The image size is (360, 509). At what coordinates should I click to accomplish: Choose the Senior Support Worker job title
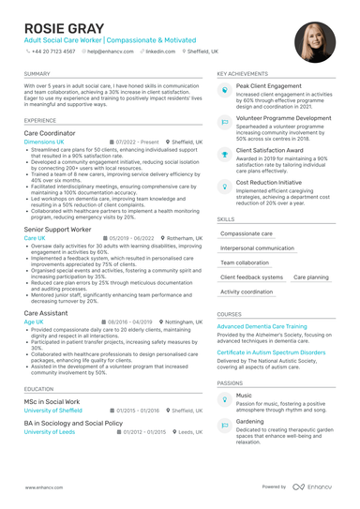(x=57, y=229)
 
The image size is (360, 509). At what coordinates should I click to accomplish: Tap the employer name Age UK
(x=34, y=238)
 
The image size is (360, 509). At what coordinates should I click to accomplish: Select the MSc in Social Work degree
(x=52, y=401)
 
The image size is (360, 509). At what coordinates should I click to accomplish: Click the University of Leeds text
(x=50, y=432)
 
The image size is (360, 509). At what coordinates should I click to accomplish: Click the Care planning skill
(x=310, y=277)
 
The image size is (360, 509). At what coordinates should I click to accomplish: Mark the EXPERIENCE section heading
(x=40, y=120)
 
